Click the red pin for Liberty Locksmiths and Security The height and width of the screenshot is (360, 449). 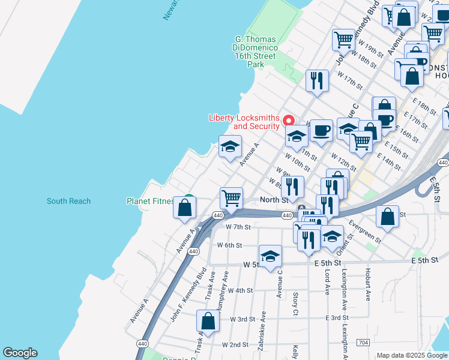pyautogui.click(x=288, y=119)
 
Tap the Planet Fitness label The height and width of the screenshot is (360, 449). pyautogui.click(x=150, y=202)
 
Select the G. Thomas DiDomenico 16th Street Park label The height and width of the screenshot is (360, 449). pyautogui.click(x=255, y=52)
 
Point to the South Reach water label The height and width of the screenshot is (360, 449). pyautogui.click(x=68, y=201)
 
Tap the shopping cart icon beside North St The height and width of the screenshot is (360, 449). pyautogui.click(x=231, y=197)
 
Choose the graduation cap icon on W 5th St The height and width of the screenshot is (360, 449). pyautogui.click(x=270, y=256)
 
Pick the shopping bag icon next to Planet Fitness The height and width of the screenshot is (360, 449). pyautogui.click(x=185, y=208)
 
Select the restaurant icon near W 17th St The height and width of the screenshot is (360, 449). pyautogui.click(x=317, y=80)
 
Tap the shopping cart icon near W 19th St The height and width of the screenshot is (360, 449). pyautogui.click(x=343, y=40)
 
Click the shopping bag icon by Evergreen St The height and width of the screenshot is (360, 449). pyautogui.click(x=388, y=217)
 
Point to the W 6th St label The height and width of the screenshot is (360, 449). pyautogui.click(x=229, y=245)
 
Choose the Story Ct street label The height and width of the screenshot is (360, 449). pyautogui.click(x=295, y=304)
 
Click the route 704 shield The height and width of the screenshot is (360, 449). pyautogui.click(x=363, y=343)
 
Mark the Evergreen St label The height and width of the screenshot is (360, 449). pyautogui.click(x=364, y=232)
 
